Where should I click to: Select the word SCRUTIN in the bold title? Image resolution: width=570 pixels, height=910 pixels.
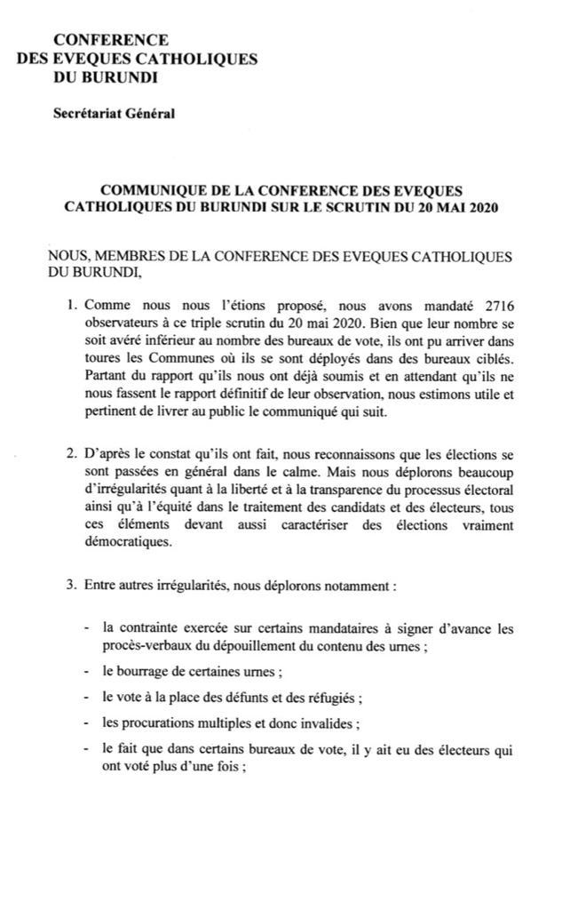pyautogui.click(x=352, y=208)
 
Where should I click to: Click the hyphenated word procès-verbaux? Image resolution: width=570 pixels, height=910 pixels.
pyautogui.click(x=150, y=646)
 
